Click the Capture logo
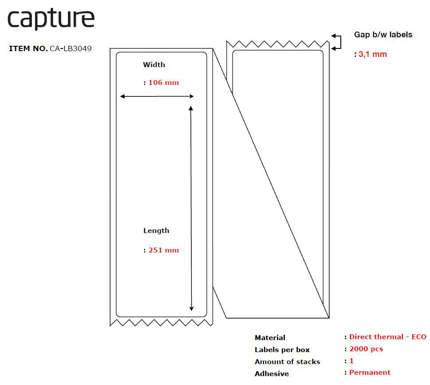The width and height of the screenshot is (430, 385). [51, 19]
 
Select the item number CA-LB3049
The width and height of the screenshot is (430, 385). [71, 48]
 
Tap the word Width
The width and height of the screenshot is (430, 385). [154, 65]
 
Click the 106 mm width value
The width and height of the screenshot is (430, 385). [163, 83]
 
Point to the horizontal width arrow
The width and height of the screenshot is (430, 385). [157, 96]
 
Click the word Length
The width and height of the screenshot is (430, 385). [156, 231]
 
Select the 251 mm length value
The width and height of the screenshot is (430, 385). [163, 250]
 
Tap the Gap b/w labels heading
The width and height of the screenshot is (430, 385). [383, 35]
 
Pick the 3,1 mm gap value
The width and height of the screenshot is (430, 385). [372, 54]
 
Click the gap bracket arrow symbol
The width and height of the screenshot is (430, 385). [337, 42]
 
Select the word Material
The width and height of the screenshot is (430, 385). [270, 338]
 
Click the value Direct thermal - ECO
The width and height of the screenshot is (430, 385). [387, 337]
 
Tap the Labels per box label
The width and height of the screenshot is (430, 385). [282, 350]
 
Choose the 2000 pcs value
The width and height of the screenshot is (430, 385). [366, 349]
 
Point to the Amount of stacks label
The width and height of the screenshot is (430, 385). [287, 362]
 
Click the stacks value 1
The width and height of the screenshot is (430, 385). [351, 361]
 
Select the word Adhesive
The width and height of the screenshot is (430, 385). [272, 374]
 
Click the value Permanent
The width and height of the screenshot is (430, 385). [370, 373]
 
